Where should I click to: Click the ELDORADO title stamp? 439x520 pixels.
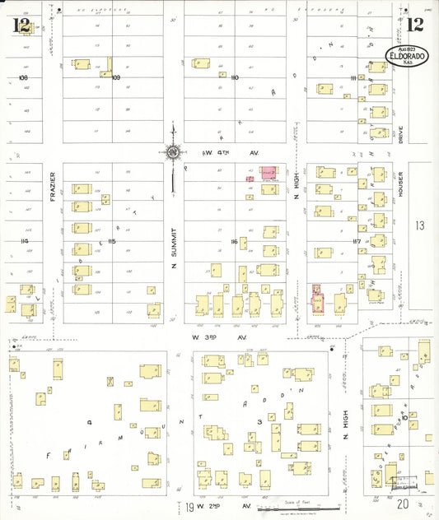[406, 58]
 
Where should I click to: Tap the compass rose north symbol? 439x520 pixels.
[173, 151]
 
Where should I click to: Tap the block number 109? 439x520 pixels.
[116, 77]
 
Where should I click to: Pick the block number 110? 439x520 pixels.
[235, 77]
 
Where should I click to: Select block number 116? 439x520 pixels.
[234, 241]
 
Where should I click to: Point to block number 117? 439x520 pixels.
[357, 241]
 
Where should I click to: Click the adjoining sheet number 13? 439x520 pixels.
[420, 225]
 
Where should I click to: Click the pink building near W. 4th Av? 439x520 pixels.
[269, 173]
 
